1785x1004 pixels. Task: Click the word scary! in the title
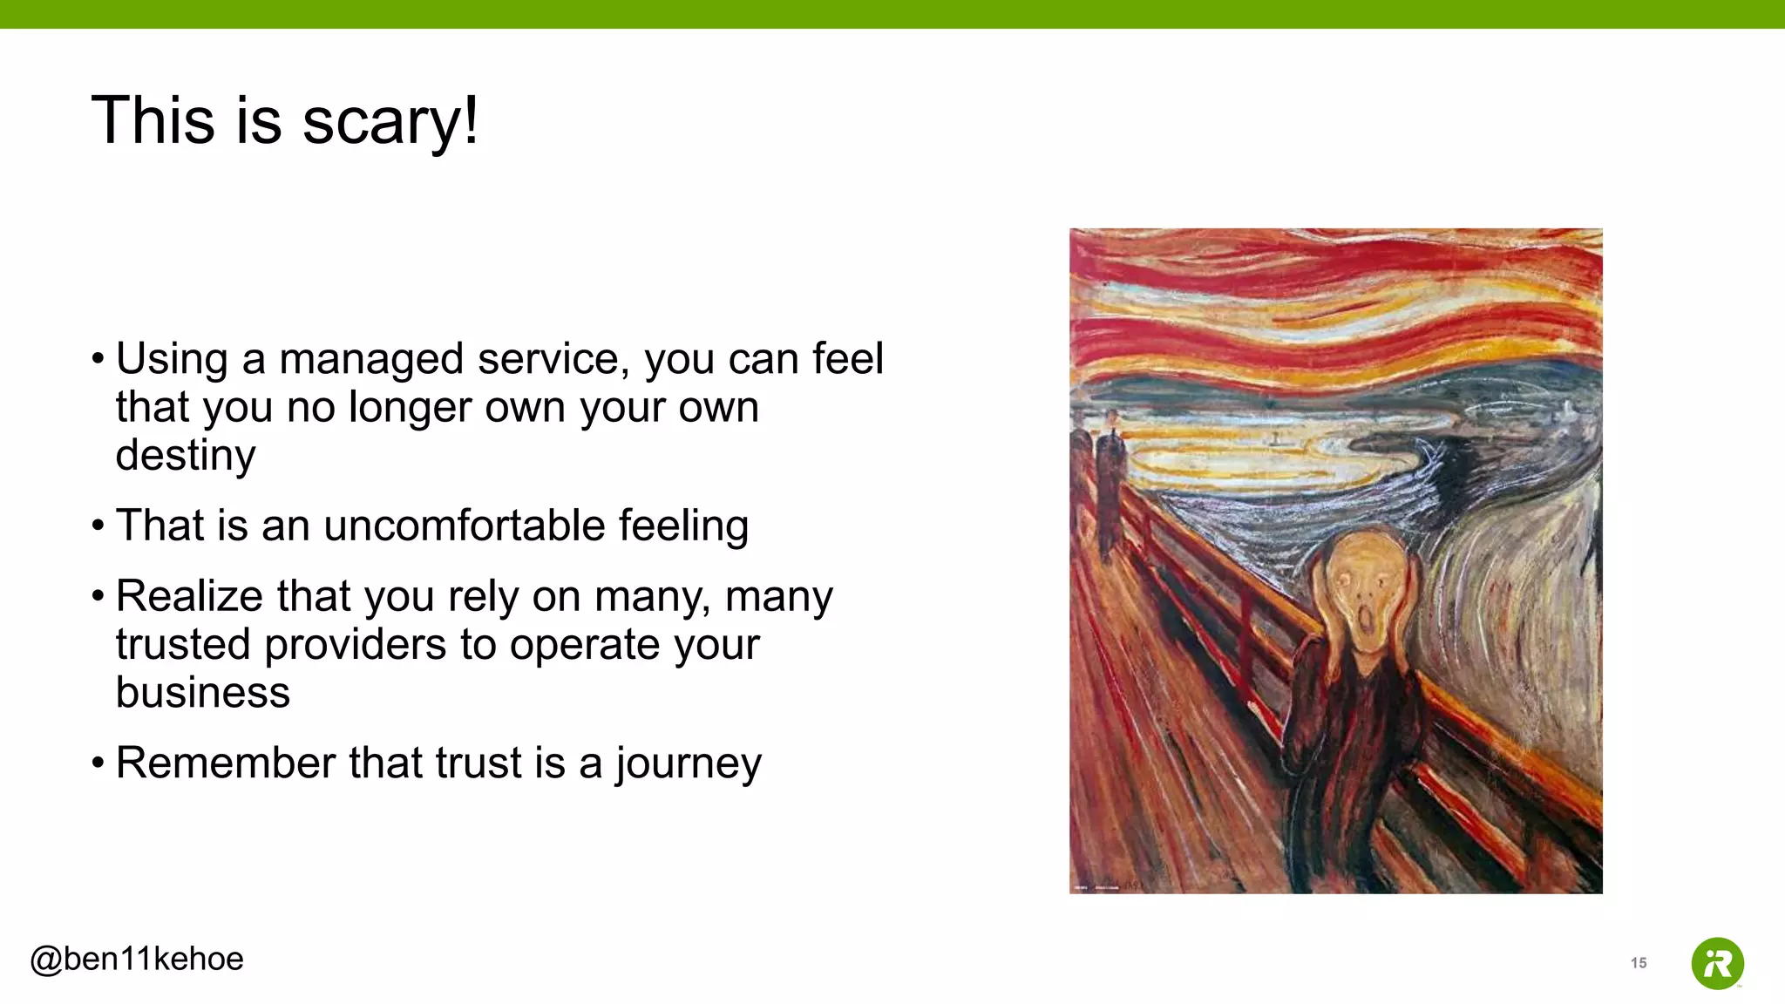(390, 122)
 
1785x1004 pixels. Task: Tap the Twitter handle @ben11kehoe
(137, 959)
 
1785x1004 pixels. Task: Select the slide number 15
(1639, 963)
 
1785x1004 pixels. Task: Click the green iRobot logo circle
(1717, 963)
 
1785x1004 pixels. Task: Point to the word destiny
(186, 456)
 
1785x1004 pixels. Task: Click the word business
(202, 693)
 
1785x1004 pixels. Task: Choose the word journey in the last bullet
(688, 763)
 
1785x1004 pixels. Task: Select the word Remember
(225, 763)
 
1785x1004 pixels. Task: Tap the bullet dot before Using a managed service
(98, 359)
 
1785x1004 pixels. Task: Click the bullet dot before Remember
(98, 763)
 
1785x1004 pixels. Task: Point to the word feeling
(683, 526)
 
